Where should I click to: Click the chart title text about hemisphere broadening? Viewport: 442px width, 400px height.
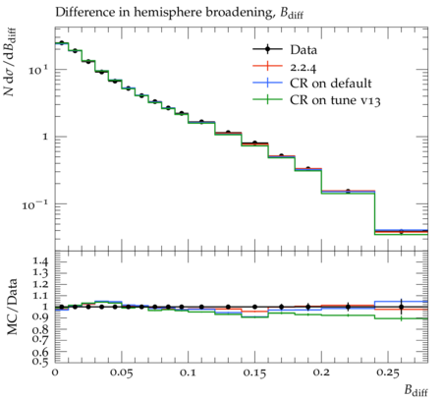tap(179, 13)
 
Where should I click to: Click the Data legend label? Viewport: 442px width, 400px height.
tap(304, 50)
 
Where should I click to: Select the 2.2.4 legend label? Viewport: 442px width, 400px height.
tap(303, 67)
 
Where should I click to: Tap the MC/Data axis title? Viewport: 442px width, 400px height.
tap(12, 307)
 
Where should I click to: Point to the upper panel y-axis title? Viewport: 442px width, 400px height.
tap(10, 62)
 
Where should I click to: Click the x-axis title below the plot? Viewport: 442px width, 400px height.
tap(415, 390)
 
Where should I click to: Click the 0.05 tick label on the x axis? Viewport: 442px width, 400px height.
tap(121, 372)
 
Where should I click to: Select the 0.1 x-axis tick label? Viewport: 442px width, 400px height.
tap(188, 372)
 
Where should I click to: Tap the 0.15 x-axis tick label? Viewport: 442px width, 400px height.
tap(254, 372)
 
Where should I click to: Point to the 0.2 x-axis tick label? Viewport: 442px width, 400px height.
tap(321, 372)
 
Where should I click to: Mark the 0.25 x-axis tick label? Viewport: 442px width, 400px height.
tap(388, 372)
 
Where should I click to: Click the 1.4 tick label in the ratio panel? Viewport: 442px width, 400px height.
tap(40, 261)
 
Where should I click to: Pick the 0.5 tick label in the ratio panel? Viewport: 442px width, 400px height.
tap(40, 361)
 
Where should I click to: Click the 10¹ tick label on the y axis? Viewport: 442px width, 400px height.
tap(38, 70)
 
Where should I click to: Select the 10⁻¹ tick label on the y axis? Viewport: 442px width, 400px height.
tap(34, 205)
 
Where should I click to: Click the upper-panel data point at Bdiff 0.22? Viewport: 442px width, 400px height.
tap(348, 191)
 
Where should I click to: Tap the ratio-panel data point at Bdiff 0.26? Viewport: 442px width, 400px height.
tap(402, 307)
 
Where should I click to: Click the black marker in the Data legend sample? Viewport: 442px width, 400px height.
tap(267, 49)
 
